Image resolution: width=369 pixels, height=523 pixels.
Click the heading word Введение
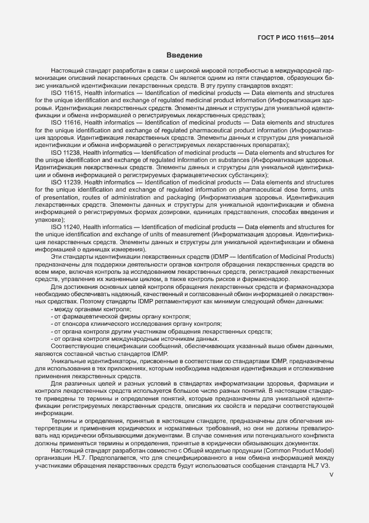[x=184, y=55]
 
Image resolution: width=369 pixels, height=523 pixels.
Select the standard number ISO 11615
[x=65, y=93]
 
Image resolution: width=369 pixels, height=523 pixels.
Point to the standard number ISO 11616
[x=65, y=122]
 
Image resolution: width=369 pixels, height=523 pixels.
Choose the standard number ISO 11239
[x=65, y=182]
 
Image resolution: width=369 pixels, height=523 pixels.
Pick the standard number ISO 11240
[x=65, y=227]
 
